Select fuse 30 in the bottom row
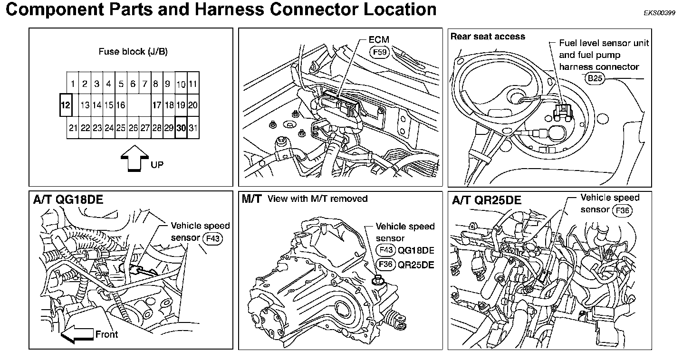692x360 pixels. [x=181, y=128]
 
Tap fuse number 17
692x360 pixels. [x=156, y=105]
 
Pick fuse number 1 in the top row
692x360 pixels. [x=73, y=85]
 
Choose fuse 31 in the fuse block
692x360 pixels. [x=193, y=128]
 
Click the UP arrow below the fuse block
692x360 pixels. [x=135, y=158]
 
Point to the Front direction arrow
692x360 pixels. [x=77, y=334]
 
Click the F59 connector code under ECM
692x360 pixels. [x=380, y=51]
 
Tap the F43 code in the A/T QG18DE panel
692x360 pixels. [x=212, y=238]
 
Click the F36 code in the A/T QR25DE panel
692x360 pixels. [x=623, y=210]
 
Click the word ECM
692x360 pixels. [x=379, y=40]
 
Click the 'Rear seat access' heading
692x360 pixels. [x=488, y=37]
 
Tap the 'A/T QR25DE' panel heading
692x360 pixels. [x=487, y=200]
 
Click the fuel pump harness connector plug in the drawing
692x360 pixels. [x=562, y=112]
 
